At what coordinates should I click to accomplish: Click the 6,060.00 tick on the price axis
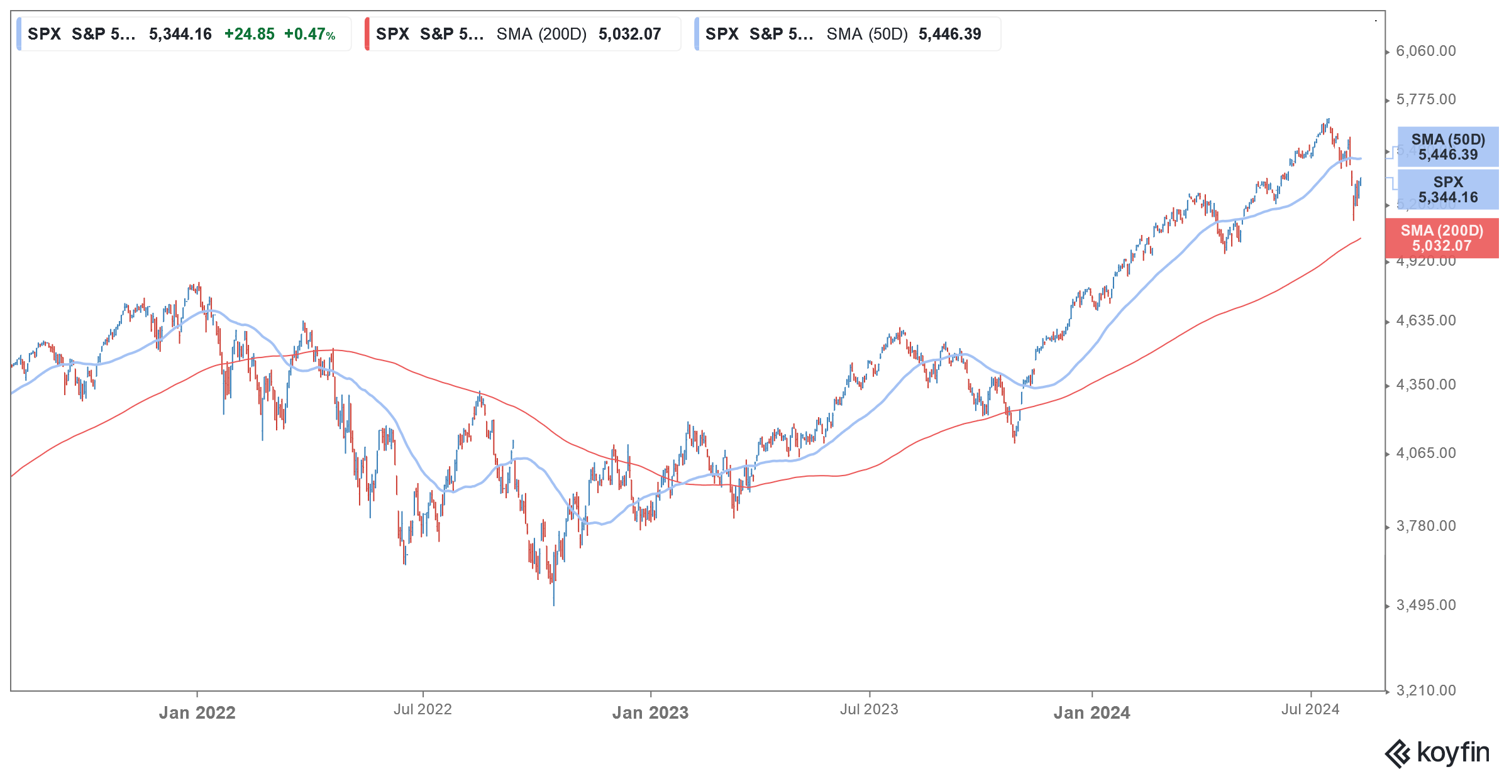coord(1425,51)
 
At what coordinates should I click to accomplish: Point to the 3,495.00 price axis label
coord(1425,605)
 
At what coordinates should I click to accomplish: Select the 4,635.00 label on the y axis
coord(1425,320)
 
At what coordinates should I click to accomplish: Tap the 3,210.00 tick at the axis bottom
coord(1425,690)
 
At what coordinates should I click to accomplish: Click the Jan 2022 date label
coord(197,712)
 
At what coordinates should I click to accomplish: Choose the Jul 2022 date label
coord(423,709)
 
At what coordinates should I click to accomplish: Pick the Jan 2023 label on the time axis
coord(650,712)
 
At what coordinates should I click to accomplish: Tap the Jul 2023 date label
coord(869,709)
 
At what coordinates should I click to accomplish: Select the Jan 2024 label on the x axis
coord(1092,712)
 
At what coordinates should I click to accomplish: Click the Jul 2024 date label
coord(1310,709)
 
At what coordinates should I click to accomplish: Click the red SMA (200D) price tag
coord(1442,238)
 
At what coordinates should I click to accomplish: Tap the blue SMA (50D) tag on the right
coord(1447,147)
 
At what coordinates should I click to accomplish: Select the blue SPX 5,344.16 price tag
coord(1447,190)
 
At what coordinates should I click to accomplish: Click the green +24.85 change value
coord(250,34)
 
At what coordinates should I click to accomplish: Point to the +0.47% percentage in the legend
coord(309,34)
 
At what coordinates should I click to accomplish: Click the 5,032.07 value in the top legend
coord(629,34)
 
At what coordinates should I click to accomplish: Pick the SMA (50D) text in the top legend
coord(867,34)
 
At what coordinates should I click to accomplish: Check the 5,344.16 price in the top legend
coord(180,34)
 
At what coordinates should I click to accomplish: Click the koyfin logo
coord(1437,753)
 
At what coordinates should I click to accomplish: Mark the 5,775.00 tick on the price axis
coord(1425,99)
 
